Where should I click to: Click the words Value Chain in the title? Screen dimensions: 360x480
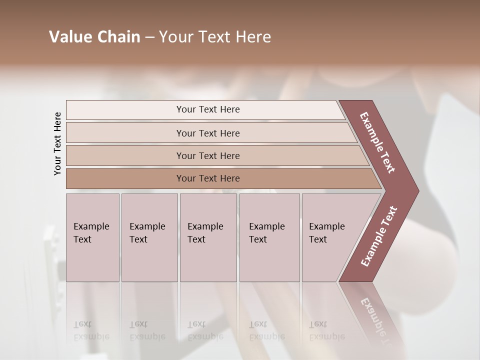94,37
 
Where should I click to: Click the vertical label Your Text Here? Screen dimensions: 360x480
57,143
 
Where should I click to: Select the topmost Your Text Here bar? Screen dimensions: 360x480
208,109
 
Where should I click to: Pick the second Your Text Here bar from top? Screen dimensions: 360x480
208,133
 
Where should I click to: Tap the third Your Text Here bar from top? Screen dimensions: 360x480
208,155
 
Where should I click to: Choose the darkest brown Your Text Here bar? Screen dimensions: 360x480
208,178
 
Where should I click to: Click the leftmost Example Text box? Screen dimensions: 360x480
92,237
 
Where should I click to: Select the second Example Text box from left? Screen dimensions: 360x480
149,237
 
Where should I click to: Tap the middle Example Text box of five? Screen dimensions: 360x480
208,237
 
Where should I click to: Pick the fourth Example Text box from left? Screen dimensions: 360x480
269,237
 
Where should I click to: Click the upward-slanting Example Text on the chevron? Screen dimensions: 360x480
379,236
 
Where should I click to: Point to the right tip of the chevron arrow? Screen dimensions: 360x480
417,191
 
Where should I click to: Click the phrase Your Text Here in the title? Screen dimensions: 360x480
215,37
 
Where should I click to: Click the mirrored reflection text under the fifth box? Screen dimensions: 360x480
326,330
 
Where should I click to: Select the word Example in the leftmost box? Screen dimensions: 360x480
91,226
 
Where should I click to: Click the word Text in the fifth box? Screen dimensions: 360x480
318,239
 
